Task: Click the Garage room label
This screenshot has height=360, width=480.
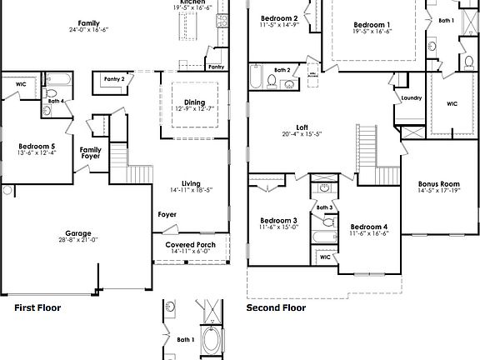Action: click(78, 234)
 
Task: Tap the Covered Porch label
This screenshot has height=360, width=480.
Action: click(185, 245)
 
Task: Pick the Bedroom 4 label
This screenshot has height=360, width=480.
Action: click(368, 227)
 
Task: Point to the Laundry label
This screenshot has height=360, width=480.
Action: click(412, 97)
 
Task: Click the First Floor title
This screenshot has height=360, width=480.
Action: click(37, 307)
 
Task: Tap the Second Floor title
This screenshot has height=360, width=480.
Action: click(276, 307)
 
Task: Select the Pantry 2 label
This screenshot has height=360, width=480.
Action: click(114, 78)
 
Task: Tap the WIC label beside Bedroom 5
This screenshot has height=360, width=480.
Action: click(21, 83)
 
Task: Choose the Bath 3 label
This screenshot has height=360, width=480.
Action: click(325, 207)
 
